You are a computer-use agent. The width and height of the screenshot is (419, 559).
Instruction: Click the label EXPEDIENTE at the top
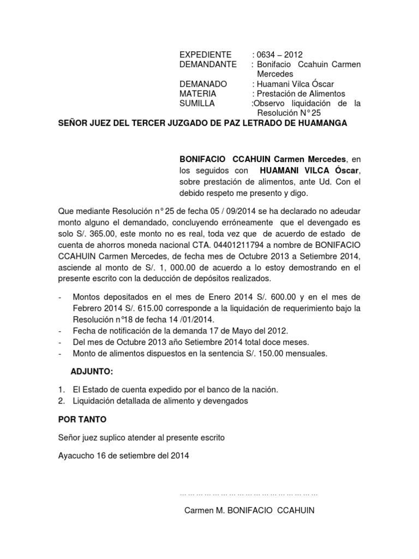[206, 55]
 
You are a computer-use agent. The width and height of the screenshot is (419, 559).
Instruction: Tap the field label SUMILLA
[197, 104]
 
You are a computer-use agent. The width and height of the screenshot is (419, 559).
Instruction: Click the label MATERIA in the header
[197, 94]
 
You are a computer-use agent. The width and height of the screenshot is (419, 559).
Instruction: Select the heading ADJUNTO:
[92, 372]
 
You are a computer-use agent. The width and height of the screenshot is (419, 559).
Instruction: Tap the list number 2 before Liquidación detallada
[61, 401]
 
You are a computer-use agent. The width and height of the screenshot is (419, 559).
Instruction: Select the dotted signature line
[249, 493]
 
